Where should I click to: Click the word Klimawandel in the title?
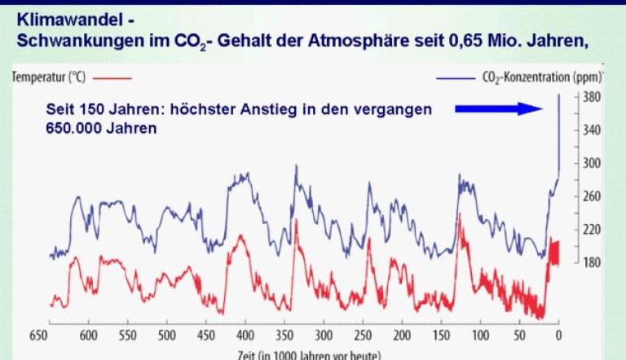pos(60,16)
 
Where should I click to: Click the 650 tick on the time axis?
pos(37,335)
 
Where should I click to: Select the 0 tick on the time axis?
pos(558,335)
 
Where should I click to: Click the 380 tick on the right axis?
pos(593,94)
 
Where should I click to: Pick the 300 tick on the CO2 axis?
pos(593,163)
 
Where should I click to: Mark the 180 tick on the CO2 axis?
pos(593,262)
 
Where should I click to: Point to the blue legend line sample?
pos(474,78)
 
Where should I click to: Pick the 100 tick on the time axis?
pos(480,335)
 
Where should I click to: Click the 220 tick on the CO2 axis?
pos(593,230)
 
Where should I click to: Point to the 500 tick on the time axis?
pos(167,335)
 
